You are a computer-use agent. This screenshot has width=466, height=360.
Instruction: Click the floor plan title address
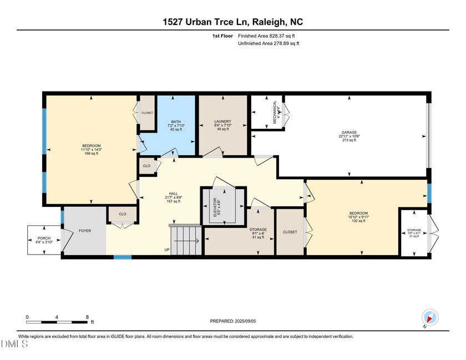point(232,22)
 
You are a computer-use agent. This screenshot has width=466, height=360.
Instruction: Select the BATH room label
point(176,121)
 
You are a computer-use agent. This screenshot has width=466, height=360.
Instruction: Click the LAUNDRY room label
point(222,121)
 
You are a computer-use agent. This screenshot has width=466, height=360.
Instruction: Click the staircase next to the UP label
point(185,240)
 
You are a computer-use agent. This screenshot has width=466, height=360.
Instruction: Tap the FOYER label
point(84,231)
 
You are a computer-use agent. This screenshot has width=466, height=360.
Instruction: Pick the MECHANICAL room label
point(275,113)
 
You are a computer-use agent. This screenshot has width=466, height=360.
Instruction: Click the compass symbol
point(430,318)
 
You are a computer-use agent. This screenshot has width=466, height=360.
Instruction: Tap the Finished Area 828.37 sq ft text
point(269,36)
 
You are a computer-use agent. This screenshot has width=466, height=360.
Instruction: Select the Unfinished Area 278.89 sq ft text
point(269,43)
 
